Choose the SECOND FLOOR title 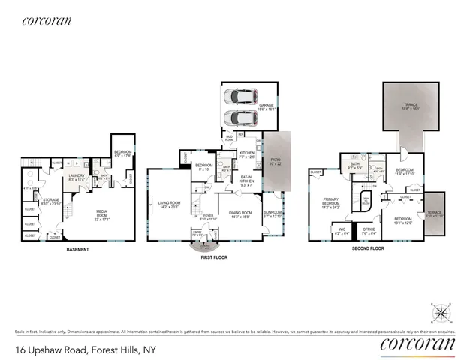(x=368, y=247)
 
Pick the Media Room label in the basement (x=102, y=218)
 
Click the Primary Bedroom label (x=331, y=202)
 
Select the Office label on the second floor (x=369, y=229)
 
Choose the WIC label (x=342, y=229)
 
